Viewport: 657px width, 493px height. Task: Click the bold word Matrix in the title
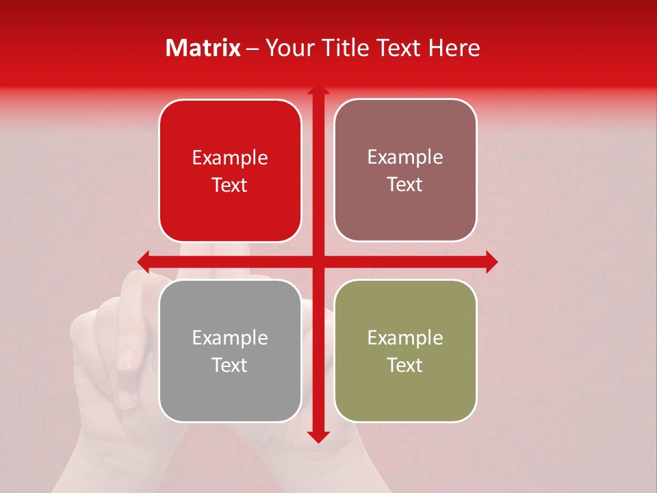click(x=203, y=48)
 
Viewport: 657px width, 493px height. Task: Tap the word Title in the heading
click(x=345, y=48)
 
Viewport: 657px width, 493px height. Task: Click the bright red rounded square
click(x=230, y=170)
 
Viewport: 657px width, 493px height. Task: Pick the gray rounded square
click(x=230, y=351)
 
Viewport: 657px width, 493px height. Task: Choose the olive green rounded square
click(x=405, y=351)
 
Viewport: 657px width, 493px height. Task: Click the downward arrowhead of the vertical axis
click(x=318, y=437)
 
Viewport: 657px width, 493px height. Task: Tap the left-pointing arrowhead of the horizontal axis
click(x=144, y=262)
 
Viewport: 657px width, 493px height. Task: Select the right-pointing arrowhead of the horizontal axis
click(x=491, y=262)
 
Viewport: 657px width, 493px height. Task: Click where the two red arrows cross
click(x=318, y=262)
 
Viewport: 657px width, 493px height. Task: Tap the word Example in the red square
click(x=230, y=158)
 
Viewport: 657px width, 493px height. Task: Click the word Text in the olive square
click(x=405, y=365)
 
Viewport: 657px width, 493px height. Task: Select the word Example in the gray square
click(x=230, y=338)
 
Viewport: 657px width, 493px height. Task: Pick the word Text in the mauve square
click(x=405, y=184)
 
